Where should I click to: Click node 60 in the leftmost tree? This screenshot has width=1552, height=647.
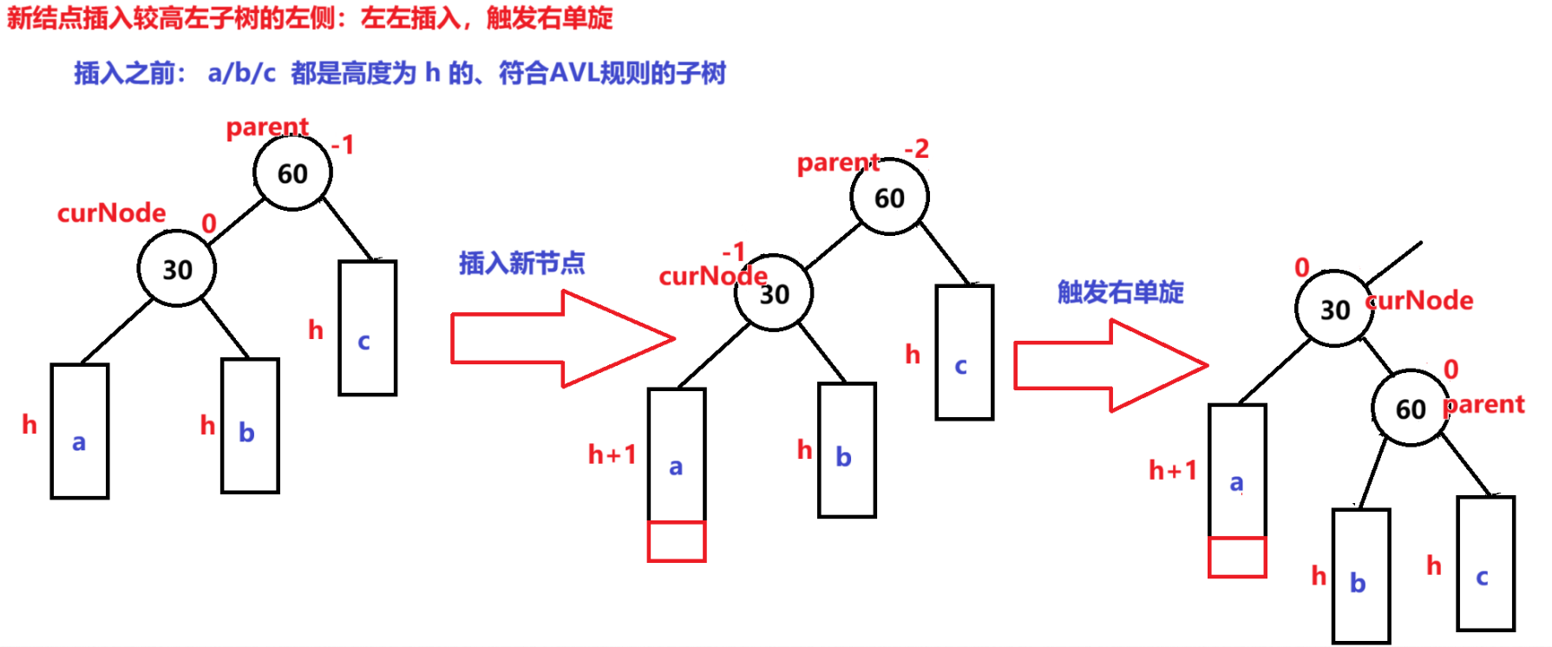292,173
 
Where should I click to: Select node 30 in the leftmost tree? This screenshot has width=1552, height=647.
177,269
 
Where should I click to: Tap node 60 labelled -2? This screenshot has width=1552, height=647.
889,198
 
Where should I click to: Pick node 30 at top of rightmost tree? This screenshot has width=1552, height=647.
1334,309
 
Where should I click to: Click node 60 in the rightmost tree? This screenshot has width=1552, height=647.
1411,408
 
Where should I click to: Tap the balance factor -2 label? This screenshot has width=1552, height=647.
916,149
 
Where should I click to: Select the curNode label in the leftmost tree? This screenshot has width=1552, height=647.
111,213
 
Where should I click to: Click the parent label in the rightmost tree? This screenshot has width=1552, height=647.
1485,404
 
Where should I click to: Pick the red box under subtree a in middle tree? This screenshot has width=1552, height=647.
677,541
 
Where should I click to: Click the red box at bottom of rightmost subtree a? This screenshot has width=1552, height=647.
1237,557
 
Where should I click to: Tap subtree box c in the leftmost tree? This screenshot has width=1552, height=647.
368,328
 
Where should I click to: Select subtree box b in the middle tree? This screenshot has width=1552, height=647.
847,450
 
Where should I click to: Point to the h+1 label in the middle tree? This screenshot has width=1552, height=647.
612,454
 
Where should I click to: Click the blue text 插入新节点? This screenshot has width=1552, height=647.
521,263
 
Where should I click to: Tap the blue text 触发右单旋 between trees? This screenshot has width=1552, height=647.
1120,292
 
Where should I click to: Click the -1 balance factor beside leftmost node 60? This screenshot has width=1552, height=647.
344,145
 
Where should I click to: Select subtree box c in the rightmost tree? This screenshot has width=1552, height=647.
1485,564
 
